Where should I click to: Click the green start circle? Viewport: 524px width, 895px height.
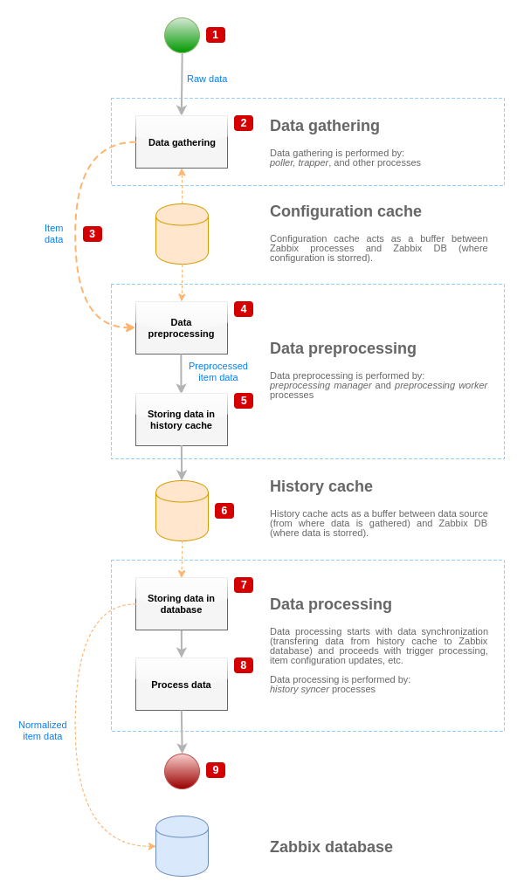(x=182, y=35)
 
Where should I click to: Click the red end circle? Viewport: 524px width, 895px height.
(x=182, y=771)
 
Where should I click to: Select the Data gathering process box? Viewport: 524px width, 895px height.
(x=182, y=142)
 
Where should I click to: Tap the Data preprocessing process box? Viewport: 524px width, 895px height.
(x=182, y=328)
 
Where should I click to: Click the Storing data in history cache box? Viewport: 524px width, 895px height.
(x=182, y=420)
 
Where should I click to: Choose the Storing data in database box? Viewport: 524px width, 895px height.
(x=182, y=604)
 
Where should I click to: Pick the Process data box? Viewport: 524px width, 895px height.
(x=182, y=685)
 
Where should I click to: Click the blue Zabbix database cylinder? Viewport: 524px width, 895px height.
(x=182, y=846)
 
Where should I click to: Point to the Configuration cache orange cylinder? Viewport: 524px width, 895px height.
(x=182, y=234)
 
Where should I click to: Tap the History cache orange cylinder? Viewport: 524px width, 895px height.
(x=182, y=511)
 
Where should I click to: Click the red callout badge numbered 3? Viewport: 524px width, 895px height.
(x=93, y=234)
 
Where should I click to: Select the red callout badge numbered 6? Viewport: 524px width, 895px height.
(x=224, y=511)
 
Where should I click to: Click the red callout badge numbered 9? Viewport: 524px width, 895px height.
(x=216, y=770)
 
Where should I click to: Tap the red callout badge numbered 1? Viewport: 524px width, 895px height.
(x=216, y=35)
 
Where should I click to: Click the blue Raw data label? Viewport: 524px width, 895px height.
(x=207, y=79)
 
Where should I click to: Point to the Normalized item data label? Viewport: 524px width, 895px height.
(x=43, y=731)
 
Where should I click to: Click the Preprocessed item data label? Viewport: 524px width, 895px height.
(x=218, y=372)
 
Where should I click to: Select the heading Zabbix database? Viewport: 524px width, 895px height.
(x=331, y=847)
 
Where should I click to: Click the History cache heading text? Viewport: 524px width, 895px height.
(x=321, y=486)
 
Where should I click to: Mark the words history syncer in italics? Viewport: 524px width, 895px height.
(x=300, y=689)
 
